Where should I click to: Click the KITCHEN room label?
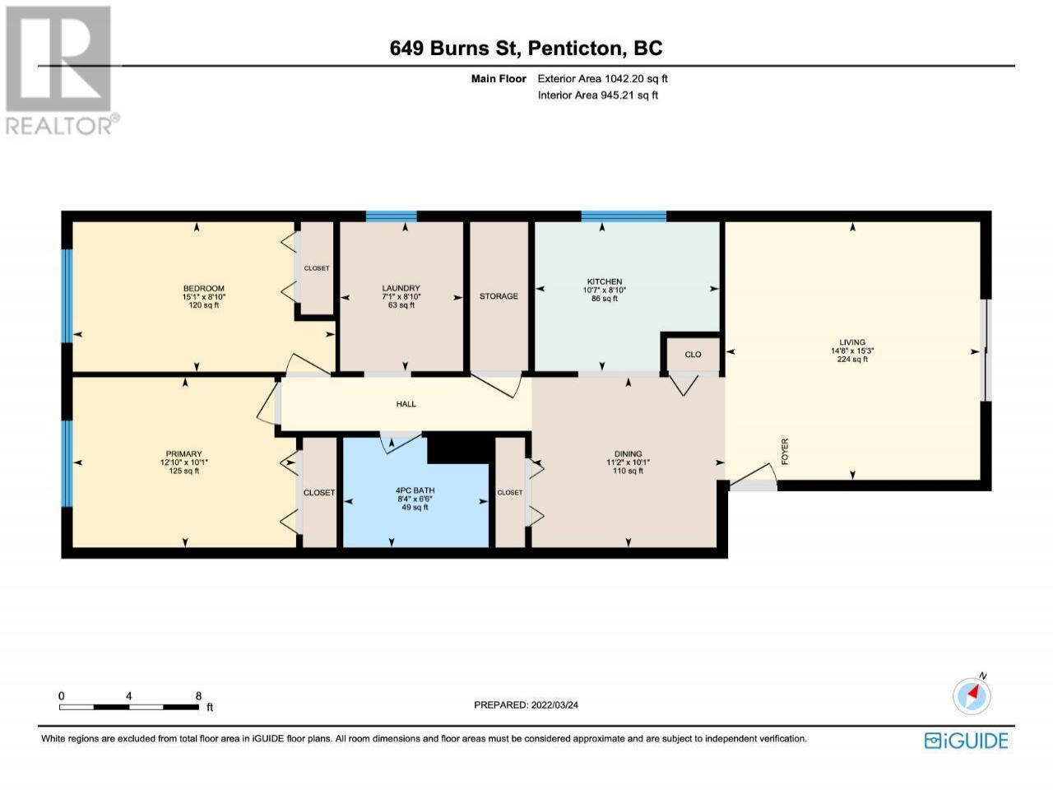point(604,281)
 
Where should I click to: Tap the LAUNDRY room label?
point(401,288)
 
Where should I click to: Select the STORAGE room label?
point(499,296)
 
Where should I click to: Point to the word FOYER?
point(785,451)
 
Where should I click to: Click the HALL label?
point(406,404)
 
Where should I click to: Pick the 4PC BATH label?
point(415,490)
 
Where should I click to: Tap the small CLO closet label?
point(693,354)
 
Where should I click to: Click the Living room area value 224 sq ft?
point(852,359)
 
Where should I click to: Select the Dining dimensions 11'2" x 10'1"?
point(628,462)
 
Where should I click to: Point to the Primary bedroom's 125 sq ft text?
point(183,471)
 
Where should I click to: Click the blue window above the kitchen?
point(624,216)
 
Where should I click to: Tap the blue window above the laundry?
point(391,216)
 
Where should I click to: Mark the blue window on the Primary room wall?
point(67,463)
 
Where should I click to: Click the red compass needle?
point(972,693)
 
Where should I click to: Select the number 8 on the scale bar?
point(198,695)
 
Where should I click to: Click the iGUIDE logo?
point(967,741)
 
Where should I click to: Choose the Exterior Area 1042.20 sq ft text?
point(602,79)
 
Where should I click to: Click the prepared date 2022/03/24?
point(554,704)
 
